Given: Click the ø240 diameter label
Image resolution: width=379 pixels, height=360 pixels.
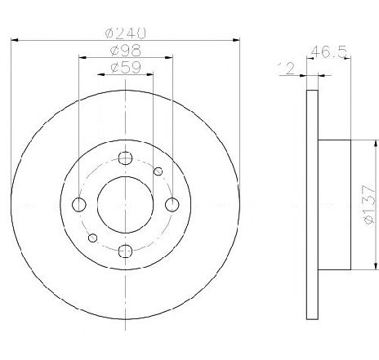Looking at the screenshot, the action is (126, 33).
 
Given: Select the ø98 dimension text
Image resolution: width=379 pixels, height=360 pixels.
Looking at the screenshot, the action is (126, 51).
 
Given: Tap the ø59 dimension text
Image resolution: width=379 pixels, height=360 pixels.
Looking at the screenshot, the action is (126, 67).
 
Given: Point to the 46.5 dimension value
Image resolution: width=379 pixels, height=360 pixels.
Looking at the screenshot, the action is (329, 51).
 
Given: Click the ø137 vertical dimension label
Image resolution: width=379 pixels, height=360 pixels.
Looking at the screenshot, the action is (371, 204).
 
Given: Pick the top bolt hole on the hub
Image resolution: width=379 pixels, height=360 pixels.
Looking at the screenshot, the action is (125, 158).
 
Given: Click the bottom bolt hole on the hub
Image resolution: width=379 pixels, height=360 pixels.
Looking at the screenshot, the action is (125, 251).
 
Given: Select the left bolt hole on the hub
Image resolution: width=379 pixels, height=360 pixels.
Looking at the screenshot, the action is (79, 205).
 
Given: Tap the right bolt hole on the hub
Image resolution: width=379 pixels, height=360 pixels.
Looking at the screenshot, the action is (172, 205).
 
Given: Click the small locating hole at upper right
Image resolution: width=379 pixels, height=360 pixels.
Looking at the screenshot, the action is (158, 171).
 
